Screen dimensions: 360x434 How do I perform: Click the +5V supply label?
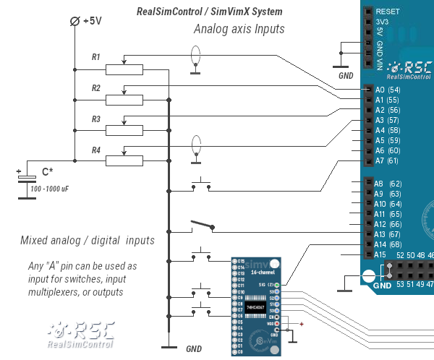[92, 21]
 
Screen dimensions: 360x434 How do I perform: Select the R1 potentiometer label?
[96, 56]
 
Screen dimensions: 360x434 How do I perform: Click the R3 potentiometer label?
[96, 119]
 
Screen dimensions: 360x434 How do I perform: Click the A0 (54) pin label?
[387, 90]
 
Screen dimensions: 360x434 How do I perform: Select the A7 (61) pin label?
[387, 160]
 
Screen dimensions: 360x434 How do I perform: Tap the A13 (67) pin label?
[387, 234]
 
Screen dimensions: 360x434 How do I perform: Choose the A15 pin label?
[380, 254]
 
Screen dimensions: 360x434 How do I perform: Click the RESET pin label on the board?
[388, 12]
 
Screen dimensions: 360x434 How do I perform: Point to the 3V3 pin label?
[383, 22]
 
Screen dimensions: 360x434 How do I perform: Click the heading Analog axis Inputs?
[239, 30]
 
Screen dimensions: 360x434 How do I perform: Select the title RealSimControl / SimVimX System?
[209, 12]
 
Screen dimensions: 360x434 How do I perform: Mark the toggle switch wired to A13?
[202, 227]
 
